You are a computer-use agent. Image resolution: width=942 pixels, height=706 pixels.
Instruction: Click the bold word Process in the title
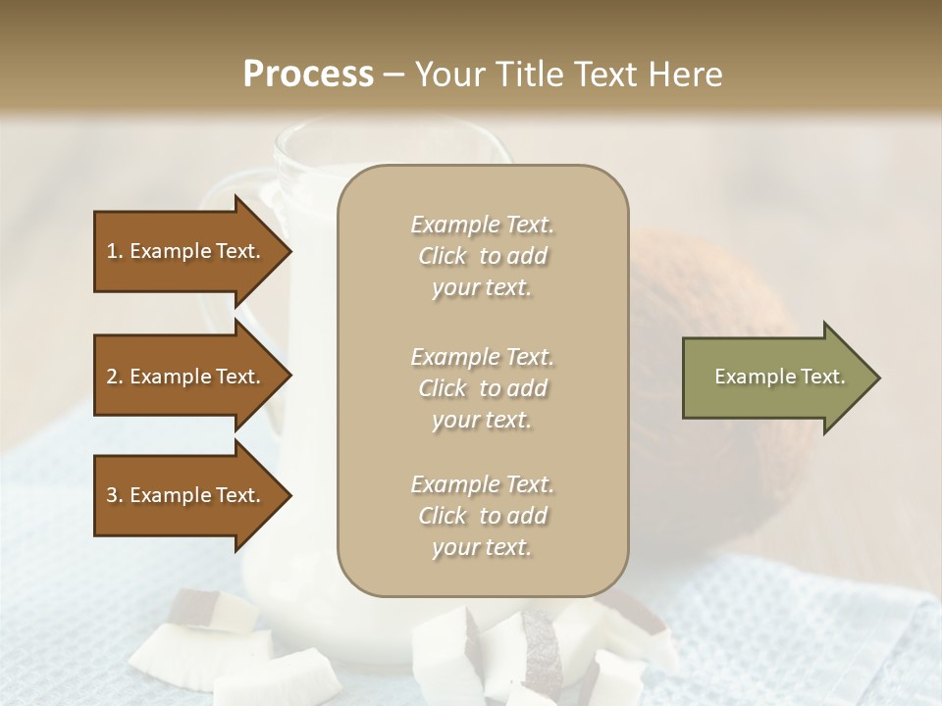[308, 75]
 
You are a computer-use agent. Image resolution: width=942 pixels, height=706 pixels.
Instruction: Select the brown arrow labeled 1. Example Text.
[186, 251]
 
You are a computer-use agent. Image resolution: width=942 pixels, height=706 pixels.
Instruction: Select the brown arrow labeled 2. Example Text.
[186, 377]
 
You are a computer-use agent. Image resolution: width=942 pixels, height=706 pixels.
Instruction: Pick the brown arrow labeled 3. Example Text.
[186, 495]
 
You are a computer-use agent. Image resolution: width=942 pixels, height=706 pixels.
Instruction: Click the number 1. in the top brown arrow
[114, 251]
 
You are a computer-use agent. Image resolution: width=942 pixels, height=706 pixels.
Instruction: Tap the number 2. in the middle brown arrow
[114, 377]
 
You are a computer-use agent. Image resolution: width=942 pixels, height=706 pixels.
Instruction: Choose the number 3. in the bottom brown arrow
[114, 495]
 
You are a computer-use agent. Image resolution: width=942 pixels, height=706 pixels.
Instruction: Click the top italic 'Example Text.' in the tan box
[482, 225]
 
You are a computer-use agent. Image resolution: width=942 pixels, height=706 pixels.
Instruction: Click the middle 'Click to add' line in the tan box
[482, 388]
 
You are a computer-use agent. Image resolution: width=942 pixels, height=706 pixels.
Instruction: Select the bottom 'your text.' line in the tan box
[482, 548]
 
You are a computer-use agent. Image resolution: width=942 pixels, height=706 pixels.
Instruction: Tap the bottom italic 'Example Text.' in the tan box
[482, 484]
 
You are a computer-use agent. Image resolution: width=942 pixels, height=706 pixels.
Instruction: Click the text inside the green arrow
[779, 377]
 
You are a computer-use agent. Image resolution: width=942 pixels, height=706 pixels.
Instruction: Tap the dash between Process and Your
[394, 75]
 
